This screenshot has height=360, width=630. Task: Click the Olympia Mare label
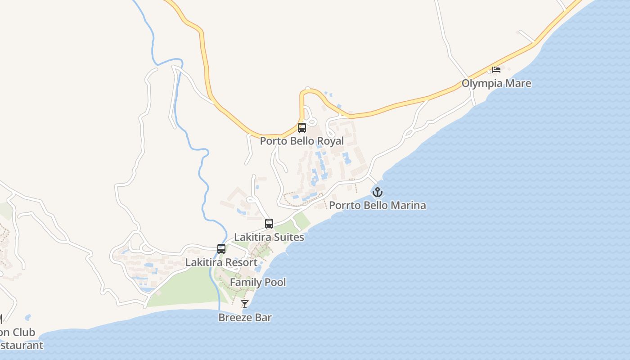496,84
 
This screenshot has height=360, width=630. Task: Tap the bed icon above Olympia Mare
496,69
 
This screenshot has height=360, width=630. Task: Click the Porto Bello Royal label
301,141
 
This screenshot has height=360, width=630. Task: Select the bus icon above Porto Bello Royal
301,127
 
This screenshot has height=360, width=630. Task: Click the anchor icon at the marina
377,193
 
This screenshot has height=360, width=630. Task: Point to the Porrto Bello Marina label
377,206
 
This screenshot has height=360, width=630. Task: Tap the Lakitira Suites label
269,237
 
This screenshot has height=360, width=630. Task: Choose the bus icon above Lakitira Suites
269,223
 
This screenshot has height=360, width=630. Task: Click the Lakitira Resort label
221,262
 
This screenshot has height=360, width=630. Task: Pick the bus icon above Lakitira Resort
221,248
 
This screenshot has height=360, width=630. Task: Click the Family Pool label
258,283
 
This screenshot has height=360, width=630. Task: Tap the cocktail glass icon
245,304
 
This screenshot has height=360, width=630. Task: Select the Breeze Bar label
245,318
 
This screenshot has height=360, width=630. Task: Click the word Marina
408,206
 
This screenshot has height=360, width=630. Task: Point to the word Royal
330,141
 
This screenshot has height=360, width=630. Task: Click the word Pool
275,283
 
